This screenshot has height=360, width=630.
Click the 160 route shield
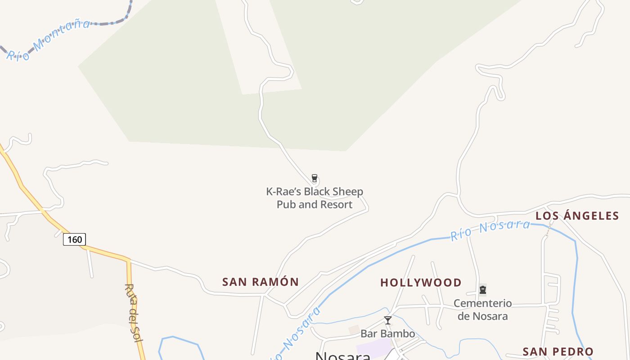[x=74, y=239]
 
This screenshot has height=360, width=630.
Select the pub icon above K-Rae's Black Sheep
[x=315, y=178]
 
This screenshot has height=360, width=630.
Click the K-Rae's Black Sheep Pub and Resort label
[x=315, y=198]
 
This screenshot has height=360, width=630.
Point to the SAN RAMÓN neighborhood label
[x=261, y=282]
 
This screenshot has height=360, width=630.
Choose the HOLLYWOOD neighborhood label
[x=421, y=283]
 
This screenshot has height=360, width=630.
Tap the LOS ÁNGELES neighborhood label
[x=577, y=216]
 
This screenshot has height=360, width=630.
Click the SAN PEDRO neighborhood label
[x=558, y=351]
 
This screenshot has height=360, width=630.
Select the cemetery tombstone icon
[x=483, y=289]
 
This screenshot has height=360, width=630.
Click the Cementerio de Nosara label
[x=482, y=310]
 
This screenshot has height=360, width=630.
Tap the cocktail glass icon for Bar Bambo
[x=387, y=320]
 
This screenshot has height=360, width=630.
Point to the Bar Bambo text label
[x=387, y=334]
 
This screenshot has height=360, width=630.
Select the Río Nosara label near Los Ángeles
[x=490, y=229]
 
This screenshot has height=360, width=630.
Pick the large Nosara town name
[x=343, y=356]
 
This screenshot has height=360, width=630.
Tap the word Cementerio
[x=482, y=303]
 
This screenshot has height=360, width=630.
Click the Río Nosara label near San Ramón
[x=299, y=333]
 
